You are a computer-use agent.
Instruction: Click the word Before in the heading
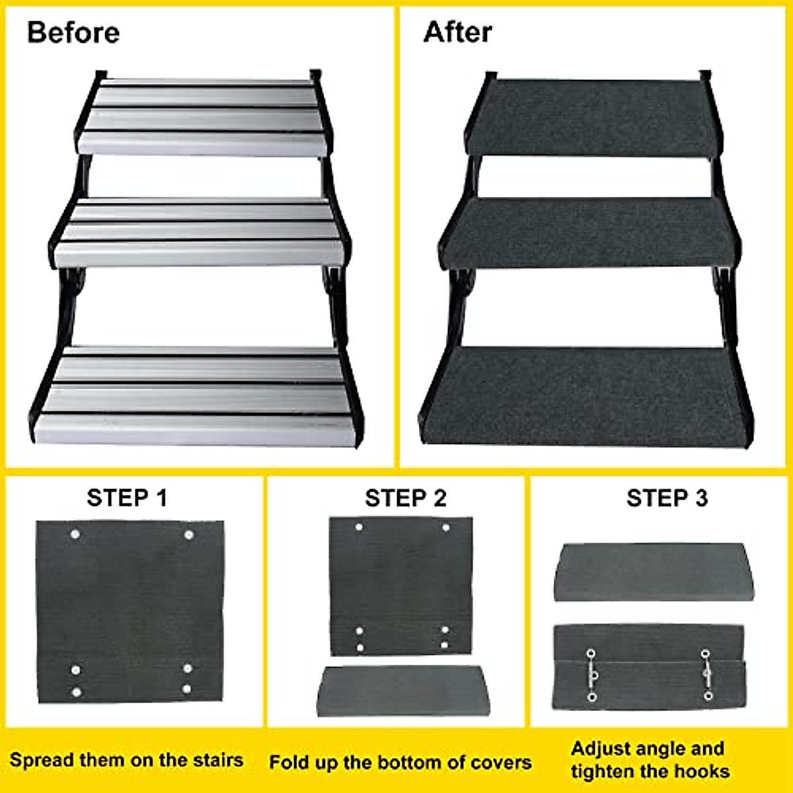(73, 32)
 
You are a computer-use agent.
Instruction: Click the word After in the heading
(457, 32)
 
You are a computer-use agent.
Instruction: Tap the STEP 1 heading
(127, 498)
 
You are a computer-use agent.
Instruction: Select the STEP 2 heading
(406, 498)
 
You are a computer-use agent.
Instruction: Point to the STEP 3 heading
(667, 498)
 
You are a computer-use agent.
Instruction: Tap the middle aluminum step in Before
(198, 233)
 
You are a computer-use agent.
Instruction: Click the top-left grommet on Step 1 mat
(75, 533)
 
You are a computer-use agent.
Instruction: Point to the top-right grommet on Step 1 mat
(188, 534)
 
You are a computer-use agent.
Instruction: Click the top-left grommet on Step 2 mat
(359, 527)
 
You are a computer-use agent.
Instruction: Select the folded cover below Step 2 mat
(403, 691)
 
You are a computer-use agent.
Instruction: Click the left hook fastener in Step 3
(591, 675)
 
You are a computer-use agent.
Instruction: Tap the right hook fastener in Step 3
(706, 675)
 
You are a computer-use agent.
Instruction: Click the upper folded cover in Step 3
(651, 572)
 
